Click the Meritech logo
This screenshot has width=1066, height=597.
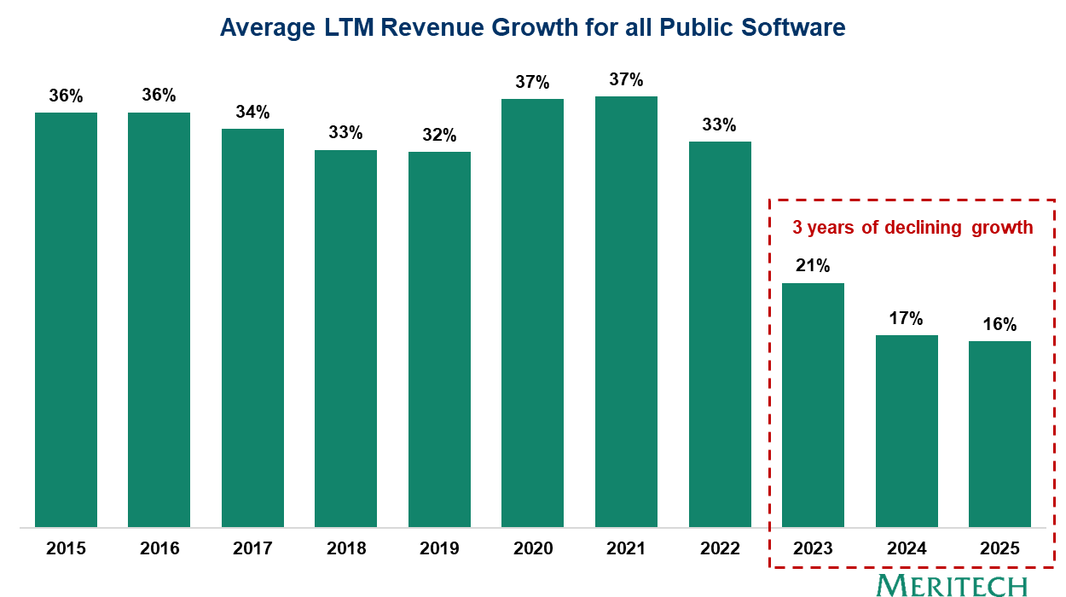[952, 585]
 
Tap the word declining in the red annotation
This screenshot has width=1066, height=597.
[924, 228]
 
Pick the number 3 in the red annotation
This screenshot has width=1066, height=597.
[797, 228]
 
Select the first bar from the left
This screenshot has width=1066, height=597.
[66, 320]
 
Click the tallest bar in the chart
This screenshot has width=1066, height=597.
[626, 311]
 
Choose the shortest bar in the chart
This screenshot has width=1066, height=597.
[999, 434]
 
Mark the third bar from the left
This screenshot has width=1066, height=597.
[252, 327]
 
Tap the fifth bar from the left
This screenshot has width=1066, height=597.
[439, 339]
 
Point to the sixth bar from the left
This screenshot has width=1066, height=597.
[532, 313]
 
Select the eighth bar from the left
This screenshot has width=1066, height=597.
[720, 334]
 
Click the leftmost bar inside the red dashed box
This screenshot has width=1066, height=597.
[813, 405]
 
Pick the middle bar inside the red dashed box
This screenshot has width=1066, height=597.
[907, 431]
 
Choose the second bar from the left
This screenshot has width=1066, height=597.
[159, 320]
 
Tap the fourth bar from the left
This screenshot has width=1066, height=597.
[345, 339]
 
